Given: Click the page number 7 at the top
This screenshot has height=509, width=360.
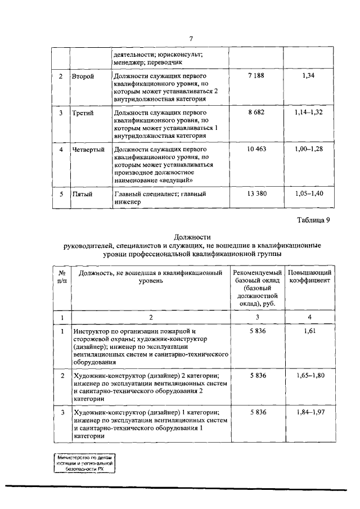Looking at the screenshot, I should pos(191,38).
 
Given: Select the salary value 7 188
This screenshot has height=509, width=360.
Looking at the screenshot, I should pos(256,75).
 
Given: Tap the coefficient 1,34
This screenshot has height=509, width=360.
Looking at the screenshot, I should pos(308,75).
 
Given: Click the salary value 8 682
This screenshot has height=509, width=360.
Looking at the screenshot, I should pos(256,112).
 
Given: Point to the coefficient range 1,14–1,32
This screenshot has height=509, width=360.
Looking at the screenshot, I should pos(309,112).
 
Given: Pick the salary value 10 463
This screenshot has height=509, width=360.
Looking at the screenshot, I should pos(256,149).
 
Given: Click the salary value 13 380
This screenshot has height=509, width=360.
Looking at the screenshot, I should pos(256,193).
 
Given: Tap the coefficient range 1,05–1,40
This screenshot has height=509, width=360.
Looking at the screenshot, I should pos(309,193).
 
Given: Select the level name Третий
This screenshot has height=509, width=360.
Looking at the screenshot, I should pos(83,112).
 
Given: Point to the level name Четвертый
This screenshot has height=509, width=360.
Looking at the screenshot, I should pos(89,150).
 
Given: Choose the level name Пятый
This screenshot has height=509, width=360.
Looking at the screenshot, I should pos(82,194).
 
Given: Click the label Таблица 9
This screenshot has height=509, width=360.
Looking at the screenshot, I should pos(315,220).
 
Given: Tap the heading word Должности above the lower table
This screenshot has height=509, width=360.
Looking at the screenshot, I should pos(191,237).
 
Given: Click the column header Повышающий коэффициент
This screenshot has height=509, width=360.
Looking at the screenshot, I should pos(309,276).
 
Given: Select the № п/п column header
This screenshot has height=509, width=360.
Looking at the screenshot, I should pos(62,276).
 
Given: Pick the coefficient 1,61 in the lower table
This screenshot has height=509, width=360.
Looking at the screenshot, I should pos(309,332).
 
